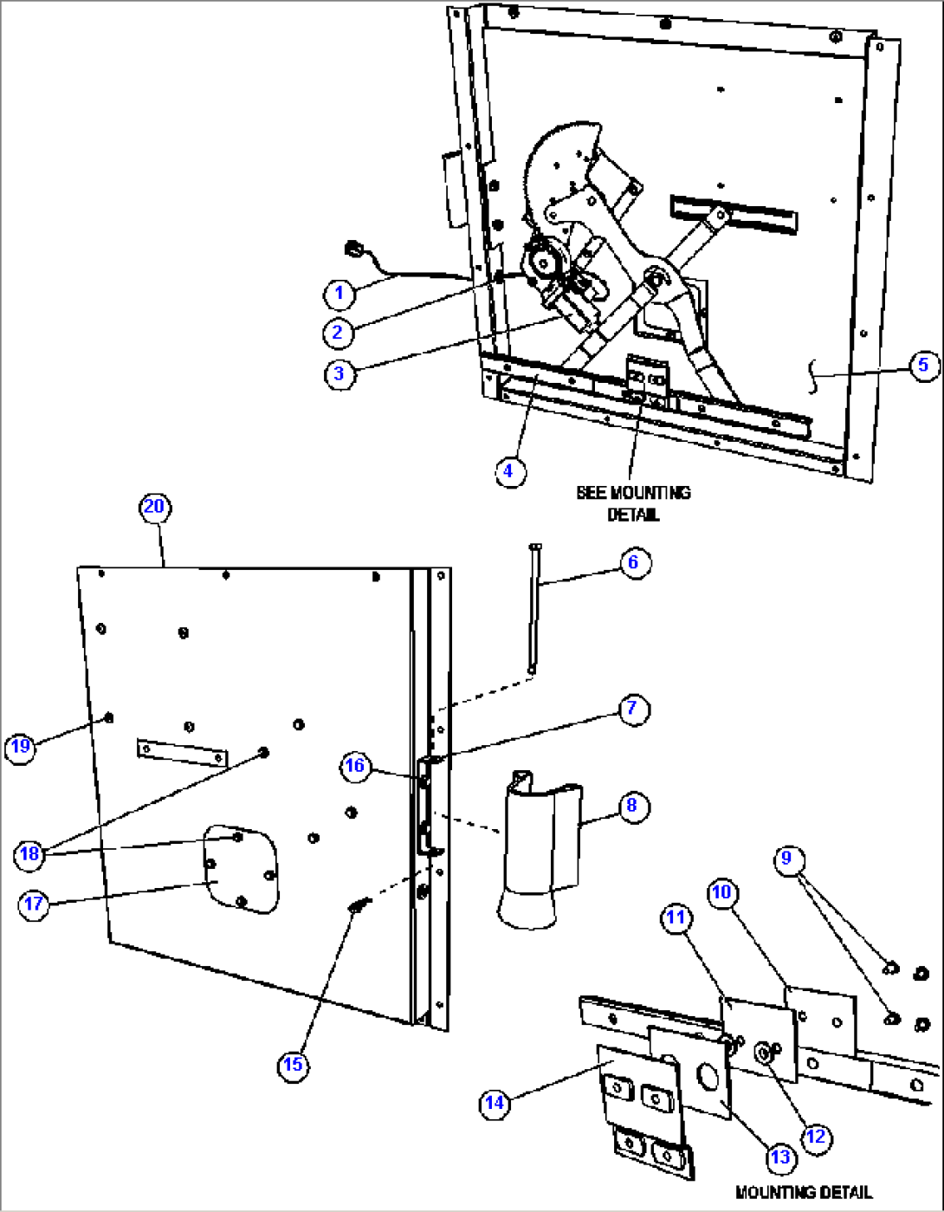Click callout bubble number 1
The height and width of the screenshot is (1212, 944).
[x=339, y=294]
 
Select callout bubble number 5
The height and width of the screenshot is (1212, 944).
[x=923, y=365]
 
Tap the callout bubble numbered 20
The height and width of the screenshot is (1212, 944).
[x=154, y=507]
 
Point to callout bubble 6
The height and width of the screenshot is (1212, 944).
[x=633, y=562]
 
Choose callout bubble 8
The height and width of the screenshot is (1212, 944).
[x=632, y=806]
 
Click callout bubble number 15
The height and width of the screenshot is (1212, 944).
[x=294, y=1064]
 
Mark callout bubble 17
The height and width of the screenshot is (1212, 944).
[x=34, y=904]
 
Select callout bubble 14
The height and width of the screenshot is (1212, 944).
[x=494, y=1103]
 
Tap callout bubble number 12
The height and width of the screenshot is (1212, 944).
[x=816, y=1137]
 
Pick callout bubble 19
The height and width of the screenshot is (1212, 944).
[x=20, y=746]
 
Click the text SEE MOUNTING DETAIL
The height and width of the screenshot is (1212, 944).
[x=633, y=503]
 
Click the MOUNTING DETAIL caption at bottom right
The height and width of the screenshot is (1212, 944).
[x=803, y=1193]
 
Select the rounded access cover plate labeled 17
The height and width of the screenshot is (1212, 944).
[x=242, y=869]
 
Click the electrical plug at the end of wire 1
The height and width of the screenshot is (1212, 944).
[x=352, y=250]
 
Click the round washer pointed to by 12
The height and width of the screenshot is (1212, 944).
[x=765, y=1053]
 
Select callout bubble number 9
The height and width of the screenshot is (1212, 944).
[x=786, y=858]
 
